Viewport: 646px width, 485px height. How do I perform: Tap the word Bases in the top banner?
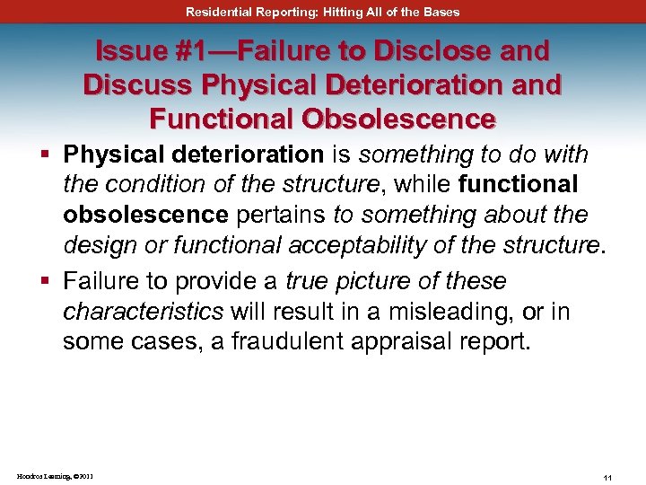click(x=441, y=12)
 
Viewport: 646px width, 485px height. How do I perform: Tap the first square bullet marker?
click(x=43, y=155)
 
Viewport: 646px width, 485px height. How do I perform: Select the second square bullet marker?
click(x=43, y=282)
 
